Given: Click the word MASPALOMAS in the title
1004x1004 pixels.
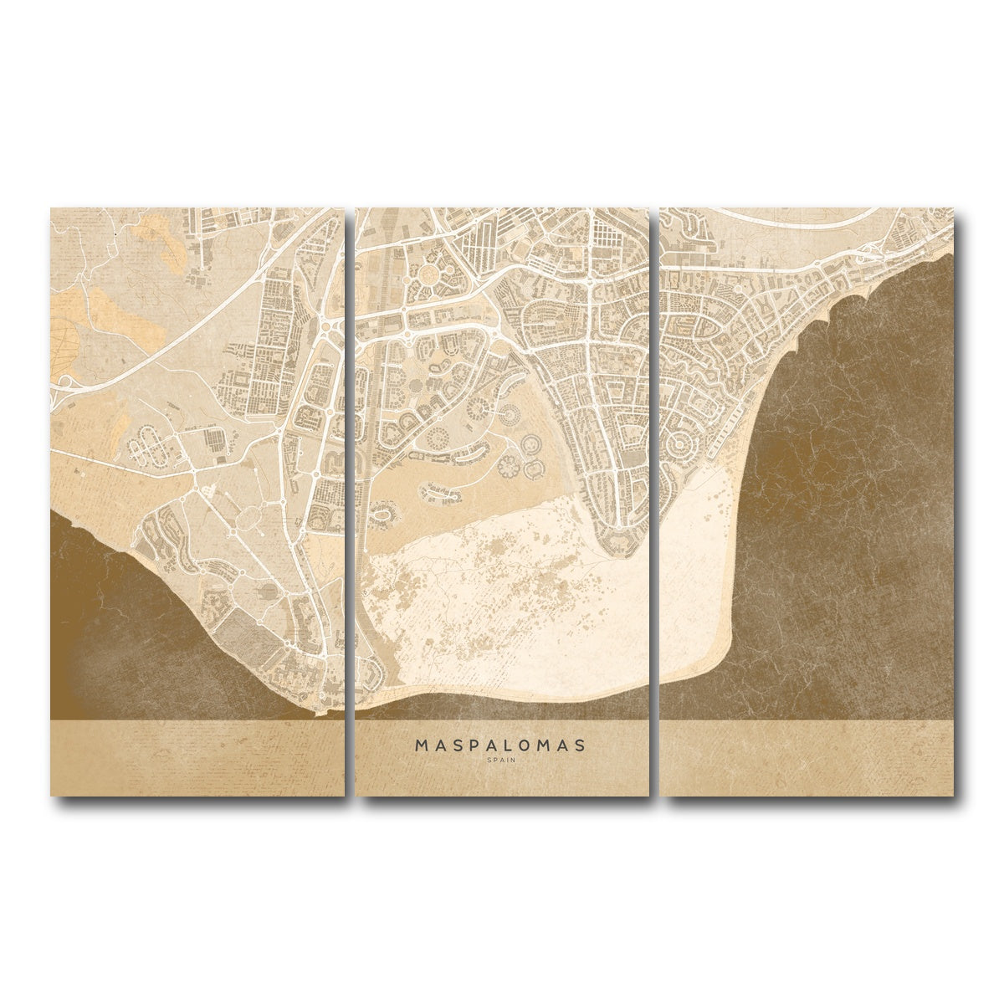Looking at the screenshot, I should click(502, 744).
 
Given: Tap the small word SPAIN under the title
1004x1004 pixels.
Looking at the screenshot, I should click(502, 760).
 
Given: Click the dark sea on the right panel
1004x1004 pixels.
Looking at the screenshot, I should click(862, 502).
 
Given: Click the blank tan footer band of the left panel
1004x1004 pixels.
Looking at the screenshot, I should click(197, 757).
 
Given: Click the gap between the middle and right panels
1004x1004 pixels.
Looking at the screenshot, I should click(654, 502).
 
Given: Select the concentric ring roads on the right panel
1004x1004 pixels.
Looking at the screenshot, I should click(686, 435).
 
